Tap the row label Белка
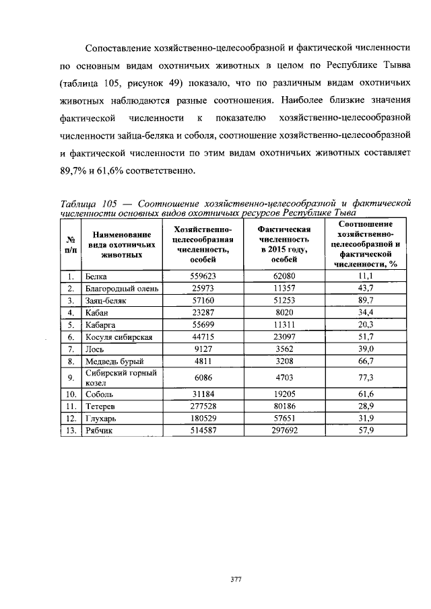pos(96,277)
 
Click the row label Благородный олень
pos(122,289)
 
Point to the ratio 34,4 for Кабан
pos(366,313)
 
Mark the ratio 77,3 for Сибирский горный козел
pos(366,378)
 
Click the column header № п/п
pos(71,244)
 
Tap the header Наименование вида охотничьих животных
pos(122,244)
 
